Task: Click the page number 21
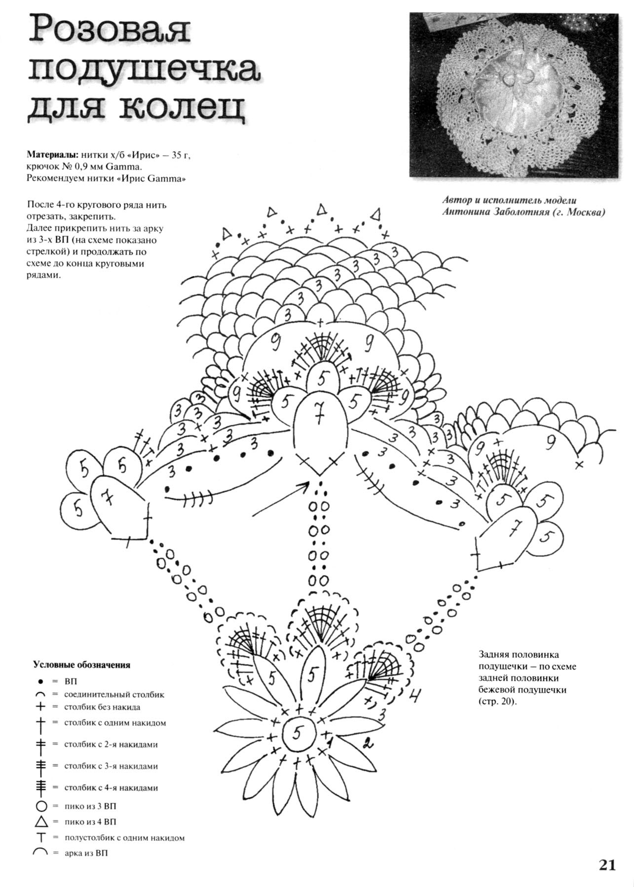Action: pyautogui.click(x=607, y=865)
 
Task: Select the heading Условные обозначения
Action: pyautogui.click(x=82, y=665)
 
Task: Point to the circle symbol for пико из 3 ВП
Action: pyautogui.click(x=41, y=807)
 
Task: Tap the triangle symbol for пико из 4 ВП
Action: pyautogui.click(x=41, y=821)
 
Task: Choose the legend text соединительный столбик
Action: pyautogui.click(x=114, y=694)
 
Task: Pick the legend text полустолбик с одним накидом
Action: pyautogui.click(x=124, y=837)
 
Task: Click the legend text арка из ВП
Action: pyautogui.click(x=86, y=853)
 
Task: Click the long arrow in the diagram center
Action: pyautogui.click(x=281, y=499)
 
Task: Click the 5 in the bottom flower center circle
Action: pyautogui.click(x=297, y=733)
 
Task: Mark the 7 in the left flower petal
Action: pyautogui.click(x=108, y=499)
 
